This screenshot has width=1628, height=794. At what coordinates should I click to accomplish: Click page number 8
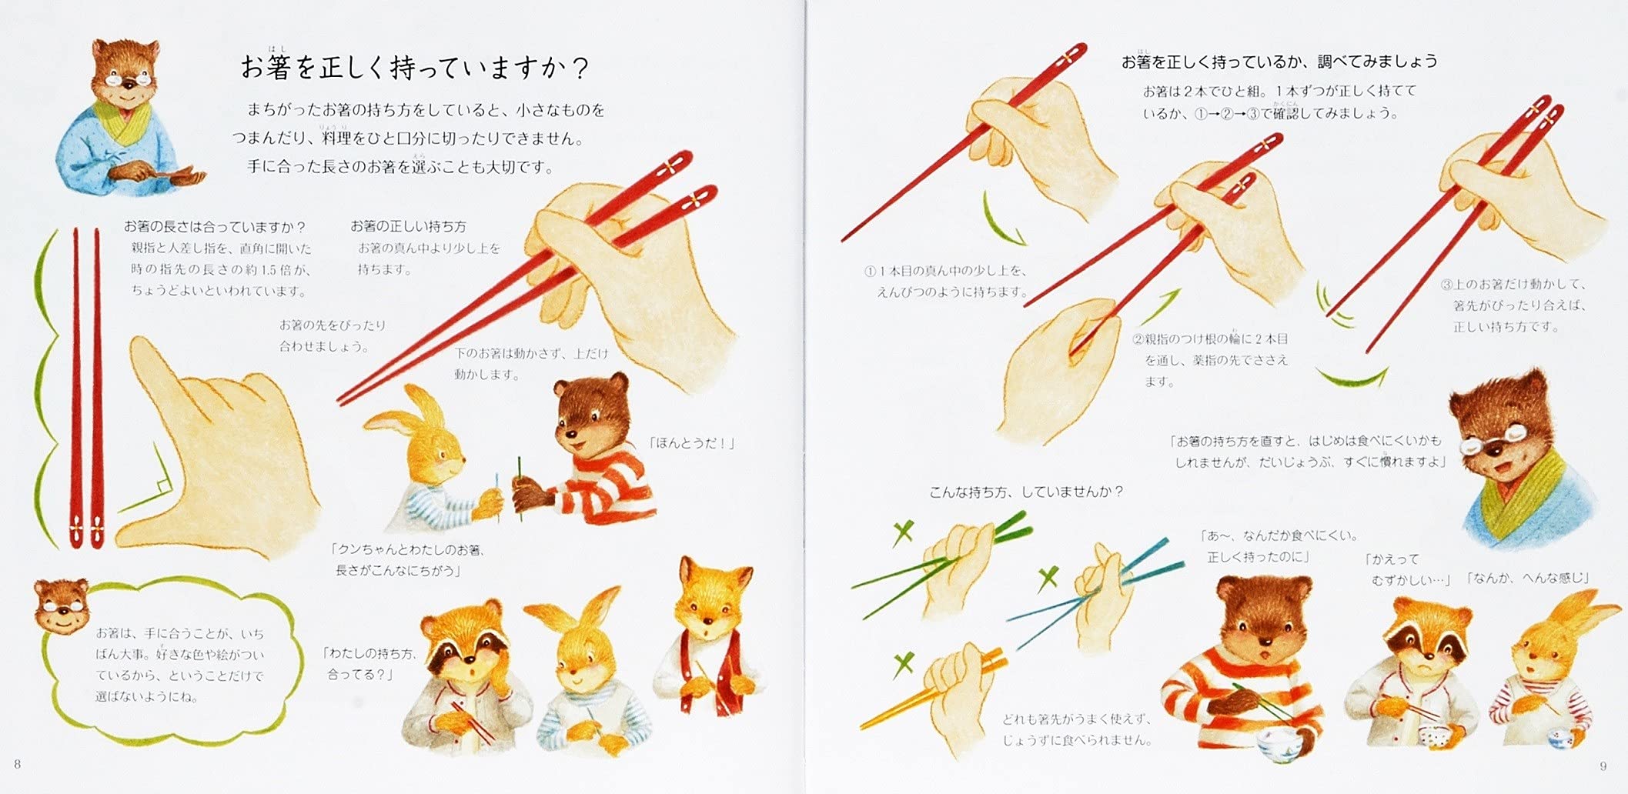(x=18, y=764)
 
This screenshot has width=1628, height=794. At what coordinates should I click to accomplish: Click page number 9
(x=1603, y=766)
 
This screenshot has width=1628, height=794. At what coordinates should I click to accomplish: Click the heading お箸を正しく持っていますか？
(x=416, y=68)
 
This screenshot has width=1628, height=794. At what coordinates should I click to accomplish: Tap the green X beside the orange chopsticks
(x=904, y=663)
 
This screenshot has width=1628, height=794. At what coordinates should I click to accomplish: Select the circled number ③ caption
(x=1513, y=305)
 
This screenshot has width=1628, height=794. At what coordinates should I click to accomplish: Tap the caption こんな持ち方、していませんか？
(x=1026, y=492)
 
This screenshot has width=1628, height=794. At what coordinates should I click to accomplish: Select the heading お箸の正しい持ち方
(x=408, y=226)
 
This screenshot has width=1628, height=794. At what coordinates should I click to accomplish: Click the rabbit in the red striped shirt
(x=1547, y=677)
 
